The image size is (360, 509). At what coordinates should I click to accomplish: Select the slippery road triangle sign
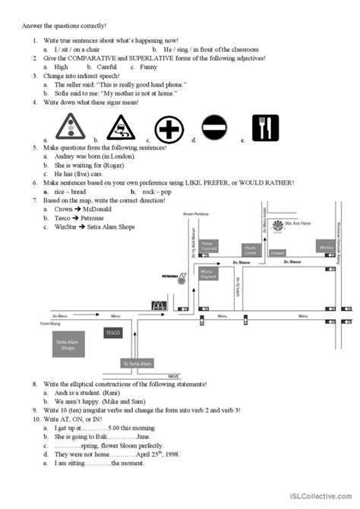(x=120, y=127)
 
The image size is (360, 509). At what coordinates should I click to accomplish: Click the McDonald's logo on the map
(x=159, y=305)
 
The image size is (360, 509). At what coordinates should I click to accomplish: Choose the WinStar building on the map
(x=326, y=247)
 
